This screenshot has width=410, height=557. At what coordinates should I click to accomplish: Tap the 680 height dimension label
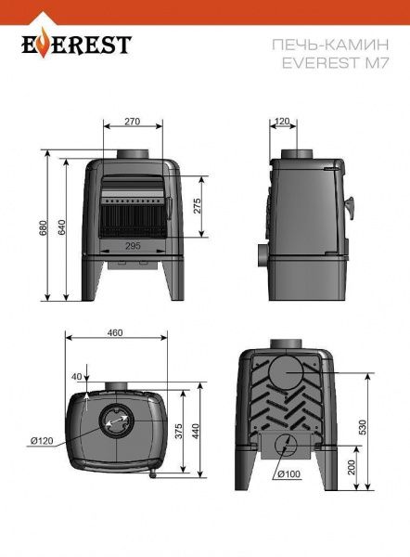pos(44,228)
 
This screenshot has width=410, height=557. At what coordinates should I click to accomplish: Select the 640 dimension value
pos(61,227)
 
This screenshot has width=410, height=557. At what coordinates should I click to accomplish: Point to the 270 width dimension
pos(132,122)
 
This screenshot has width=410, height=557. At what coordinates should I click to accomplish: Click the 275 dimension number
pos(197,206)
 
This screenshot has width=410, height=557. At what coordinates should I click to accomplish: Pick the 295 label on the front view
pos(133,245)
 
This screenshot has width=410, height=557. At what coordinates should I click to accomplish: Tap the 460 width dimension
pos(115,332)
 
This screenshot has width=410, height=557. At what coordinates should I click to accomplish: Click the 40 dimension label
pos(76,377)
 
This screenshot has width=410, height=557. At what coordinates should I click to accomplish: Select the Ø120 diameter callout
pos(42,441)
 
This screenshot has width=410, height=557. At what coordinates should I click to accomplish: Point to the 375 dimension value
pos(179,431)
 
